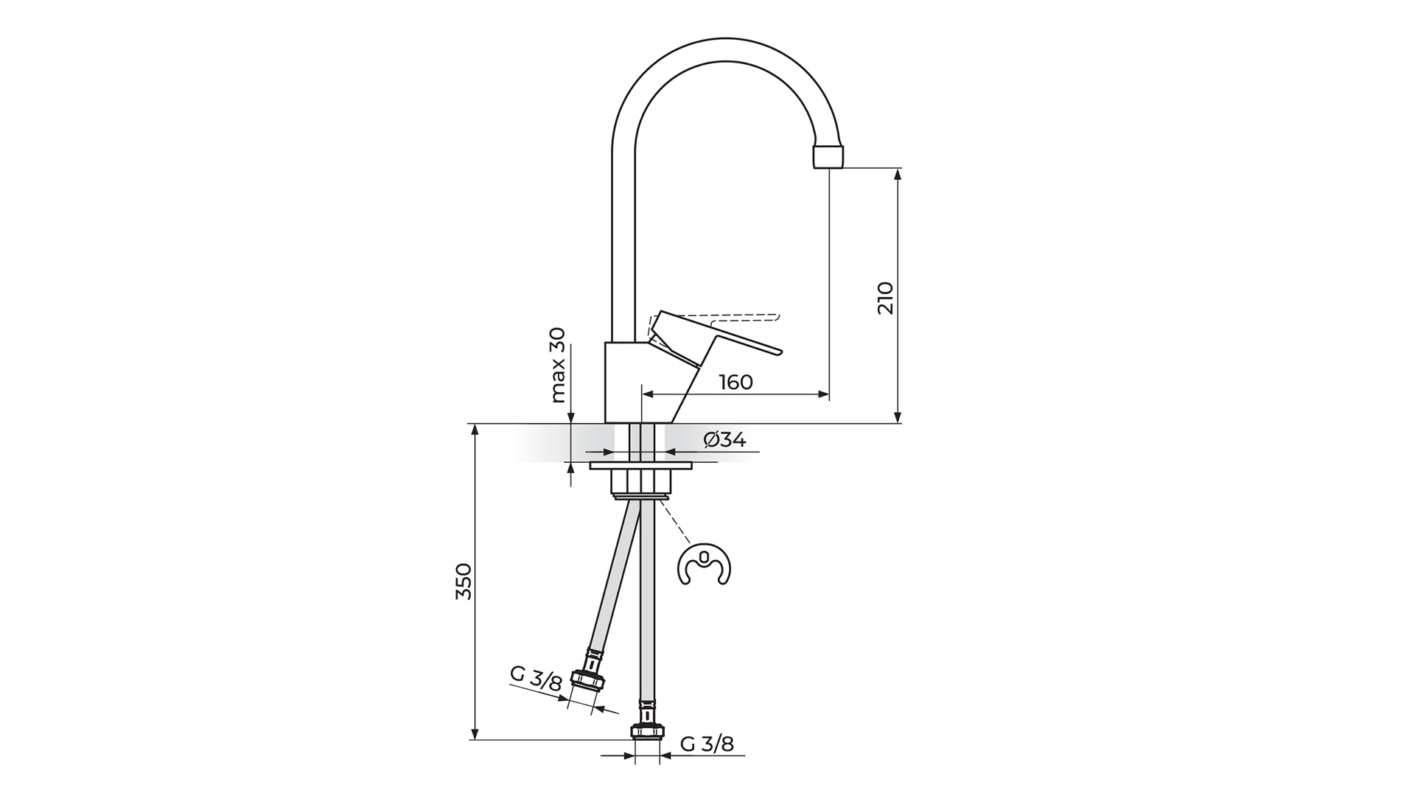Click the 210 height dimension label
(886, 298)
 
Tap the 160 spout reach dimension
(736, 382)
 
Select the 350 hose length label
(463, 581)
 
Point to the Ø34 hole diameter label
(724, 440)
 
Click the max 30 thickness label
(558, 365)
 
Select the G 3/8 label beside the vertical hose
(707, 744)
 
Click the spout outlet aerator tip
(828, 156)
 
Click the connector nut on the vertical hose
(647, 732)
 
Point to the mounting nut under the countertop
(641, 481)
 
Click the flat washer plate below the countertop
(641, 466)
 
